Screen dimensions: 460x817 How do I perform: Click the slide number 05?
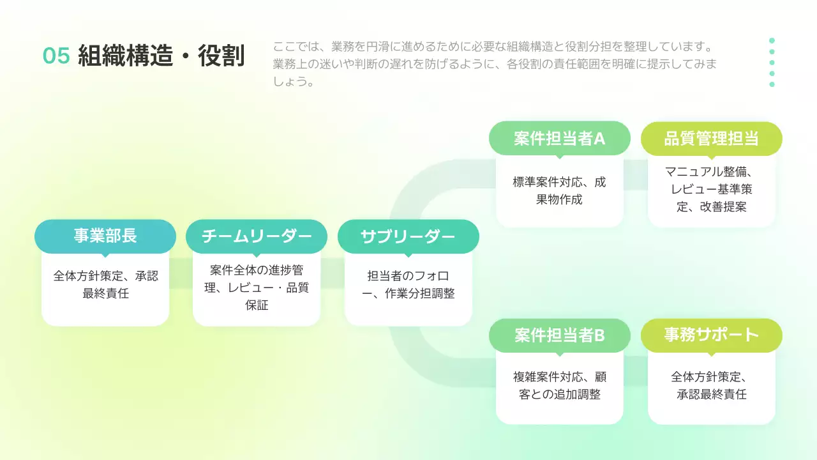point(56,56)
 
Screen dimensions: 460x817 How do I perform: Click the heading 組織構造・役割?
point(161,56)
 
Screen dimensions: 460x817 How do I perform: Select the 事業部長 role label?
point(105,236)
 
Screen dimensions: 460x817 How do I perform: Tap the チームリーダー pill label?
point(257,236)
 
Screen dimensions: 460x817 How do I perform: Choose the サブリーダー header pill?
point(408,236)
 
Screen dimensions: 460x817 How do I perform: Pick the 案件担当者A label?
point(559,138)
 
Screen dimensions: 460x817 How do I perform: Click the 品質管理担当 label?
point(711,138)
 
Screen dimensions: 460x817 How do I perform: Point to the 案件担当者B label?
point(559,335)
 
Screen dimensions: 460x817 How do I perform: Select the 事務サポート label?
point(711,335)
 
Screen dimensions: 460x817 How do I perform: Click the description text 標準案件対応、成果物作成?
point(559,190)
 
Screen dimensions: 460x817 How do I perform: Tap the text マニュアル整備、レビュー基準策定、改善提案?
point(711,189)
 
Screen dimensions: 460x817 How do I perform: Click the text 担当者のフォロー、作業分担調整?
point(408,285)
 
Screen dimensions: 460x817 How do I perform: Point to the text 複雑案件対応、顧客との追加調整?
point(559,385)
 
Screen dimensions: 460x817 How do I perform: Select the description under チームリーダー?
point(257,287)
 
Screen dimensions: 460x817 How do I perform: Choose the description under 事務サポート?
point(711,385)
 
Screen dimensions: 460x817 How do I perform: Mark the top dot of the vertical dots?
point(772,40)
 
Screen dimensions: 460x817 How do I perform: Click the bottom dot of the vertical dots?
point(772,84)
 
